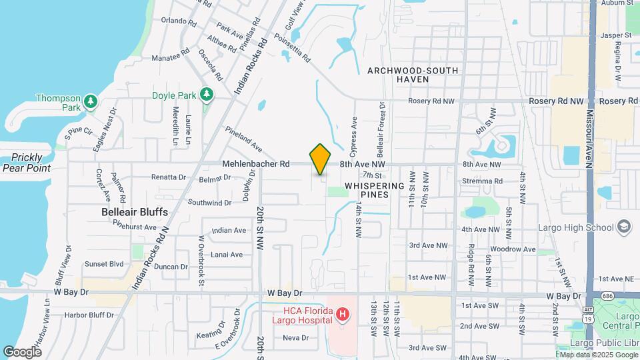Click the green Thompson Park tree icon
pyautogui.click(x=91, y=102)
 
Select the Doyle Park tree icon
pyautogui.click(x=207, y=95)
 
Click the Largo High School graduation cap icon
pyautogui.click(x=624, y=227)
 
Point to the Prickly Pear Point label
pyautogui.click(x=26, y=163)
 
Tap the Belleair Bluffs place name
pyautogui.click(x=134, y=211)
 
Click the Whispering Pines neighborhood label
pyautogui.click(x=374, y=190)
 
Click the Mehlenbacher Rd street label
pyautogui.click(x=256, y=163)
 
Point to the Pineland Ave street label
pyautogui.click(x=243, y=137)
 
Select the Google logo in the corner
pyautogui.click(x=22, y=351)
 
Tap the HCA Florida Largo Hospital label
pyautogui.click(x=302, y=315)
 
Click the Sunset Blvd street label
pyautogui.click(x=103, y=264)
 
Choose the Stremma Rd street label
pyautogui.click(x=482, y=181)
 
